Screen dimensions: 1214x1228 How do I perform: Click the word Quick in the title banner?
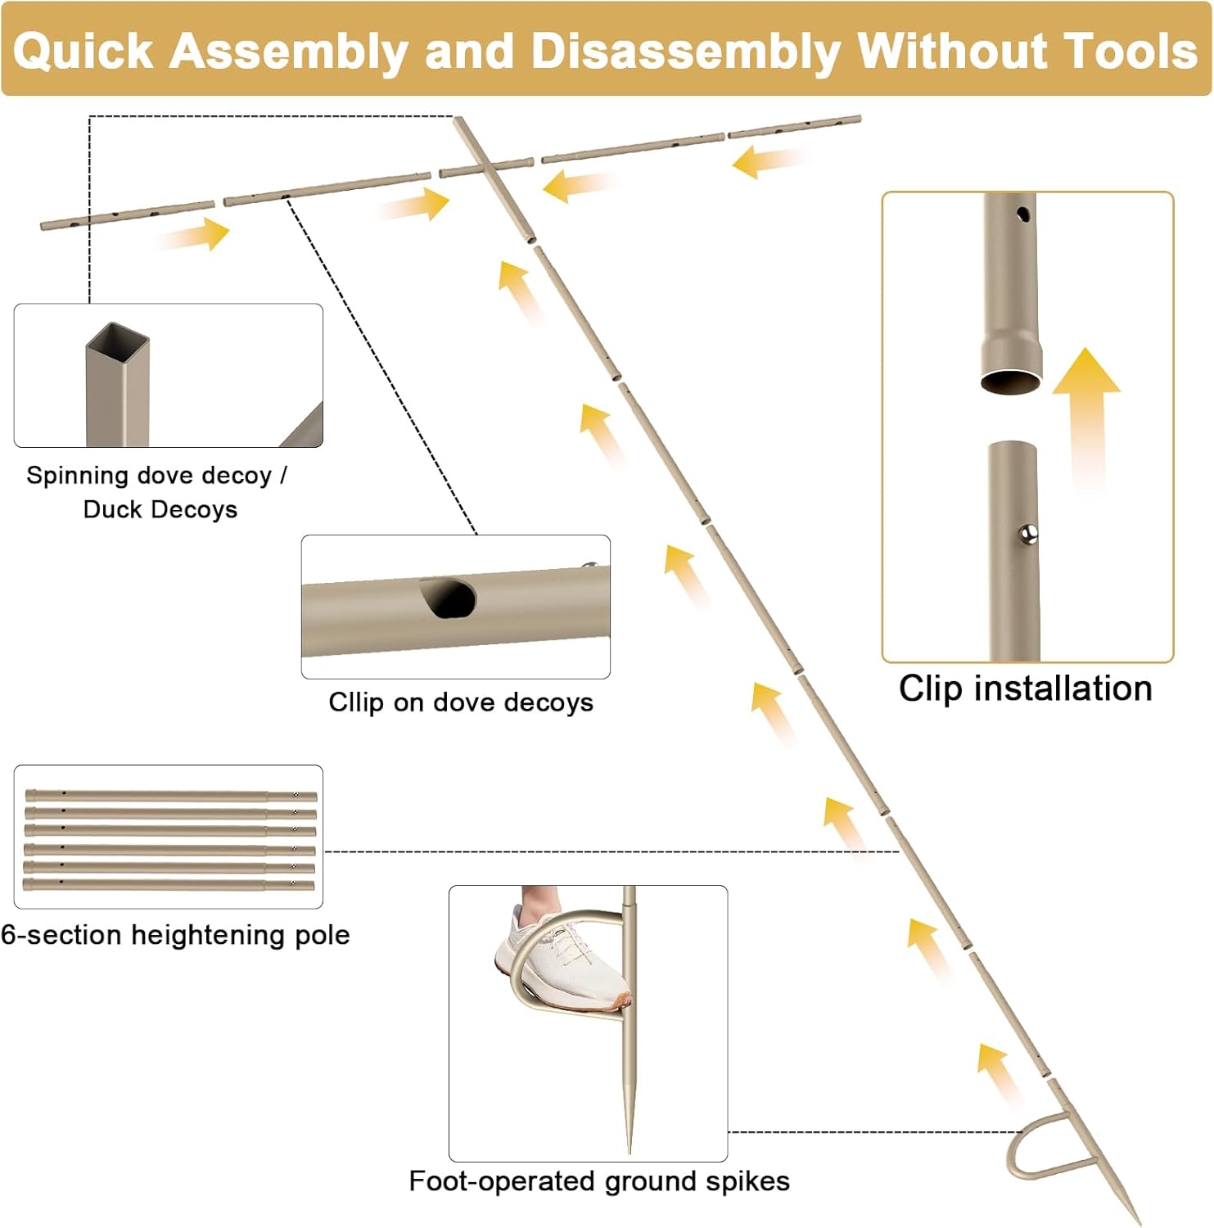point(83,51)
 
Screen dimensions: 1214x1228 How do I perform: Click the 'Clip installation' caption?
point(1025,688)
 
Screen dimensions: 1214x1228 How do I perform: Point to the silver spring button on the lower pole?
point(1029,535)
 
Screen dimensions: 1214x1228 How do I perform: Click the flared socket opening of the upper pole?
point(1012,381)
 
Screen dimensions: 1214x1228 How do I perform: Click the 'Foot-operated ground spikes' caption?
point(599,1181)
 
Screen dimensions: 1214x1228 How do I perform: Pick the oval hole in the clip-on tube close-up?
point(449,598)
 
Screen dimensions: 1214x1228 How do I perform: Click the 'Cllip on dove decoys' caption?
point(461,702)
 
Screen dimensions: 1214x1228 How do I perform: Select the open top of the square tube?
point(119,336)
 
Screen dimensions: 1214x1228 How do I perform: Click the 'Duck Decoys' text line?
point(160,510)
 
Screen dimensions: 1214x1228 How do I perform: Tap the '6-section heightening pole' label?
point(175,935)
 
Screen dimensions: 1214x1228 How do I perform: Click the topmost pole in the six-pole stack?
point(170,795)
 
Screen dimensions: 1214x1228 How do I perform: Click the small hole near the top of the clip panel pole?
point(1023,214)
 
